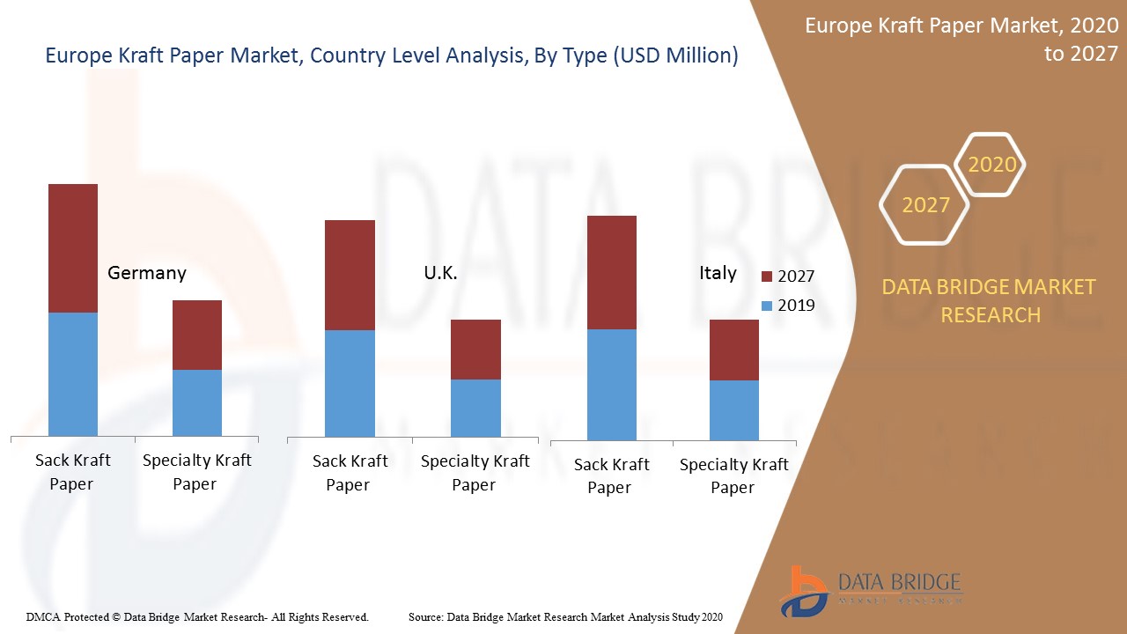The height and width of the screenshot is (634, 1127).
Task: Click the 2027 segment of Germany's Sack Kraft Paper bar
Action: tap(73, 248)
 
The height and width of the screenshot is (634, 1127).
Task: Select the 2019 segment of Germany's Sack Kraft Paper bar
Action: tap(73, 373)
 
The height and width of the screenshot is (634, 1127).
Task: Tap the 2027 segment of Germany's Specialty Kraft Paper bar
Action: tap(196, 335)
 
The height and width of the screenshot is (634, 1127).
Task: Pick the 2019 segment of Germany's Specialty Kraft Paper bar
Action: tap(196, 402)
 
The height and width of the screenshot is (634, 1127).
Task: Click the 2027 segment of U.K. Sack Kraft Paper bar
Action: tap(350, 275)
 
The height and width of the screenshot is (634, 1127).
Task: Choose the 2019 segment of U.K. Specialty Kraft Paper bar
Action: tap(475, 408)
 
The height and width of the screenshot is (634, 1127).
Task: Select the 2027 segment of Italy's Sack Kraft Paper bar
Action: tap(611, 272)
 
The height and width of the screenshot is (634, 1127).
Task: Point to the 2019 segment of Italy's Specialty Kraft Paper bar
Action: tap(734, 410)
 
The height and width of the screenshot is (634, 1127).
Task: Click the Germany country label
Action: tap(146, 273)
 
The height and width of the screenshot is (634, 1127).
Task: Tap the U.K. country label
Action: tap(440, 273)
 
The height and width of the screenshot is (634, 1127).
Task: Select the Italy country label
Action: tap(718, 273)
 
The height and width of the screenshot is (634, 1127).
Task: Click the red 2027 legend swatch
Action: tap(766, 276)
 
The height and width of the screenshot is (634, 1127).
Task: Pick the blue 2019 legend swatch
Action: tap(766, 306)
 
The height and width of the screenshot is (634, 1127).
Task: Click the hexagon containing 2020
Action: tap(991, 165)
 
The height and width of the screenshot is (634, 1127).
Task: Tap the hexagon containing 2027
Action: tap(924, 205)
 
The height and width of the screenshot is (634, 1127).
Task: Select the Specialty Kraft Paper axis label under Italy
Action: tap(733, 475)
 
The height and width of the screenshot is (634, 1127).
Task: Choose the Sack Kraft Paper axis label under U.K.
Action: tap(350, 472)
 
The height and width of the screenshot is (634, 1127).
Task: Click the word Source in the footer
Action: tap(426, 617)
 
